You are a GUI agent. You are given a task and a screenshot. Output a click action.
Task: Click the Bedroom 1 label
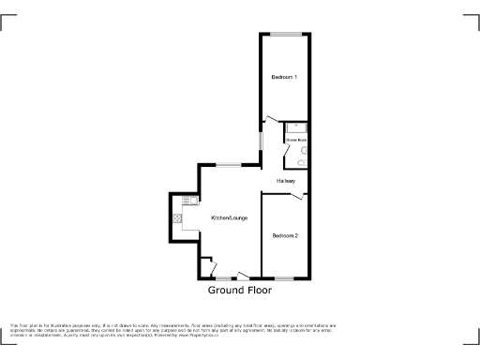(284, 77)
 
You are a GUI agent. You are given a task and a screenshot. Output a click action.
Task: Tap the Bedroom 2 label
(284, 235)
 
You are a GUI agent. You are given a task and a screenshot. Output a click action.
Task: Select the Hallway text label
(286, 181)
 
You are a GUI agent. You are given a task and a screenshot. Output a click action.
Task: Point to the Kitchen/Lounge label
(229, 218)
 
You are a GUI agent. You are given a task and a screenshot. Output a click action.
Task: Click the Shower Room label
(296, 140)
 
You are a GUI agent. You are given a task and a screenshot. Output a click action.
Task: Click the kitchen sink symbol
(188, 202)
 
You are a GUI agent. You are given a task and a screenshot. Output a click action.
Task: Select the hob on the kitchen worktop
(175, 219)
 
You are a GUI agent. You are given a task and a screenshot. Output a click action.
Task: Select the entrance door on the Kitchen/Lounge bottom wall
(242, 276)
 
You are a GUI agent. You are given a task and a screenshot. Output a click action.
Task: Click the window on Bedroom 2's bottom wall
(284, 278)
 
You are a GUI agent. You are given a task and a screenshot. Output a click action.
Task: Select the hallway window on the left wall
(261, 140)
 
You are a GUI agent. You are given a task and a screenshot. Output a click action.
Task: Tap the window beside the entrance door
(223, 278)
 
